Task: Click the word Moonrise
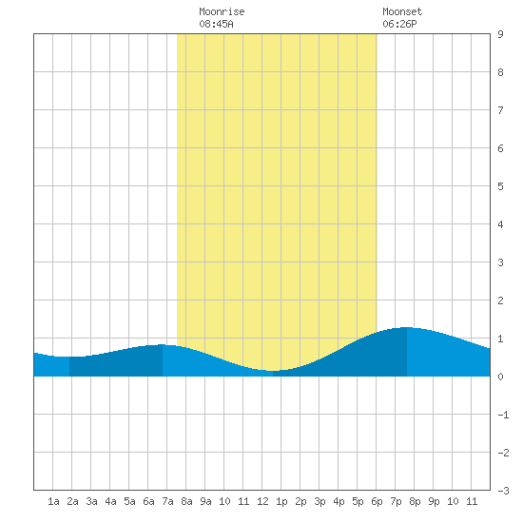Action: click(x=222, y=11)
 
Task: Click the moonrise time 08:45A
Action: click(x=216, y=24)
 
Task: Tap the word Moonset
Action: click(x=402, y=11)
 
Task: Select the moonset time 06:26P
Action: click(x=399, y=24)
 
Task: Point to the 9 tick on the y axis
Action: click(x=500, y=34)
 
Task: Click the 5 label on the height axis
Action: click(x=500, y=186)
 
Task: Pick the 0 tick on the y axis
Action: click(x=500, y=377)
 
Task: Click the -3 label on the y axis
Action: click(x=503, y=491)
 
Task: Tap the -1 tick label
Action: click(x=503, y=415)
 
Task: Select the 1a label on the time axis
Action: click(x=53, y=501)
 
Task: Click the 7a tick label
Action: click(x=167, y=501)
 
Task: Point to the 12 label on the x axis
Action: click(x=262, y=501)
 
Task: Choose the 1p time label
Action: click(x=281, y=501)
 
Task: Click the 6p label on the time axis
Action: click(x=377, y=501)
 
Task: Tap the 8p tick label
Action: click(x=415, y=501)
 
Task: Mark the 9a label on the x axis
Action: click(x=205, y=501)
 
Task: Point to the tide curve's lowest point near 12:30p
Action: click(x=273, y=370)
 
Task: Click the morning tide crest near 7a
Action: click(x=163, y=344)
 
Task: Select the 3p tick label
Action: click(x=320, y=501)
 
